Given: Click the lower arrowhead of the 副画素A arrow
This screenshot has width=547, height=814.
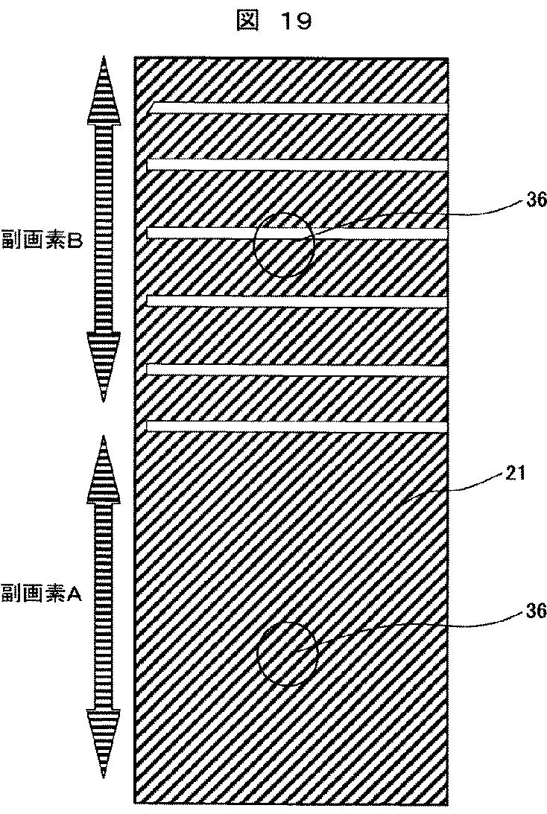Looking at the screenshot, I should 101,745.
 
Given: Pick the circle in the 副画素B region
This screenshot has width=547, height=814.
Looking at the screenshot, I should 283,245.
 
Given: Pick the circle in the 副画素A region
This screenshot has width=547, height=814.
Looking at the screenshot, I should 288,654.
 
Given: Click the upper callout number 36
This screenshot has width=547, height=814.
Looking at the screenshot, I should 536,199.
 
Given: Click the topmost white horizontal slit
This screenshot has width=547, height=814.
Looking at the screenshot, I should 298,109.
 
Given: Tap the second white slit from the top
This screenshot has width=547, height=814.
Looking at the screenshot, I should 298,164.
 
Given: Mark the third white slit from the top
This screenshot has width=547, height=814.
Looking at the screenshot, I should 298,233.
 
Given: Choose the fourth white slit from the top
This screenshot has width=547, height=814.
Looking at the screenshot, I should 298,301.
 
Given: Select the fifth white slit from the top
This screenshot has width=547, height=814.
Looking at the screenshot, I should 298,369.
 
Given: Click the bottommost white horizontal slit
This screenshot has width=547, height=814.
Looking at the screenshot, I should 298,426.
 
